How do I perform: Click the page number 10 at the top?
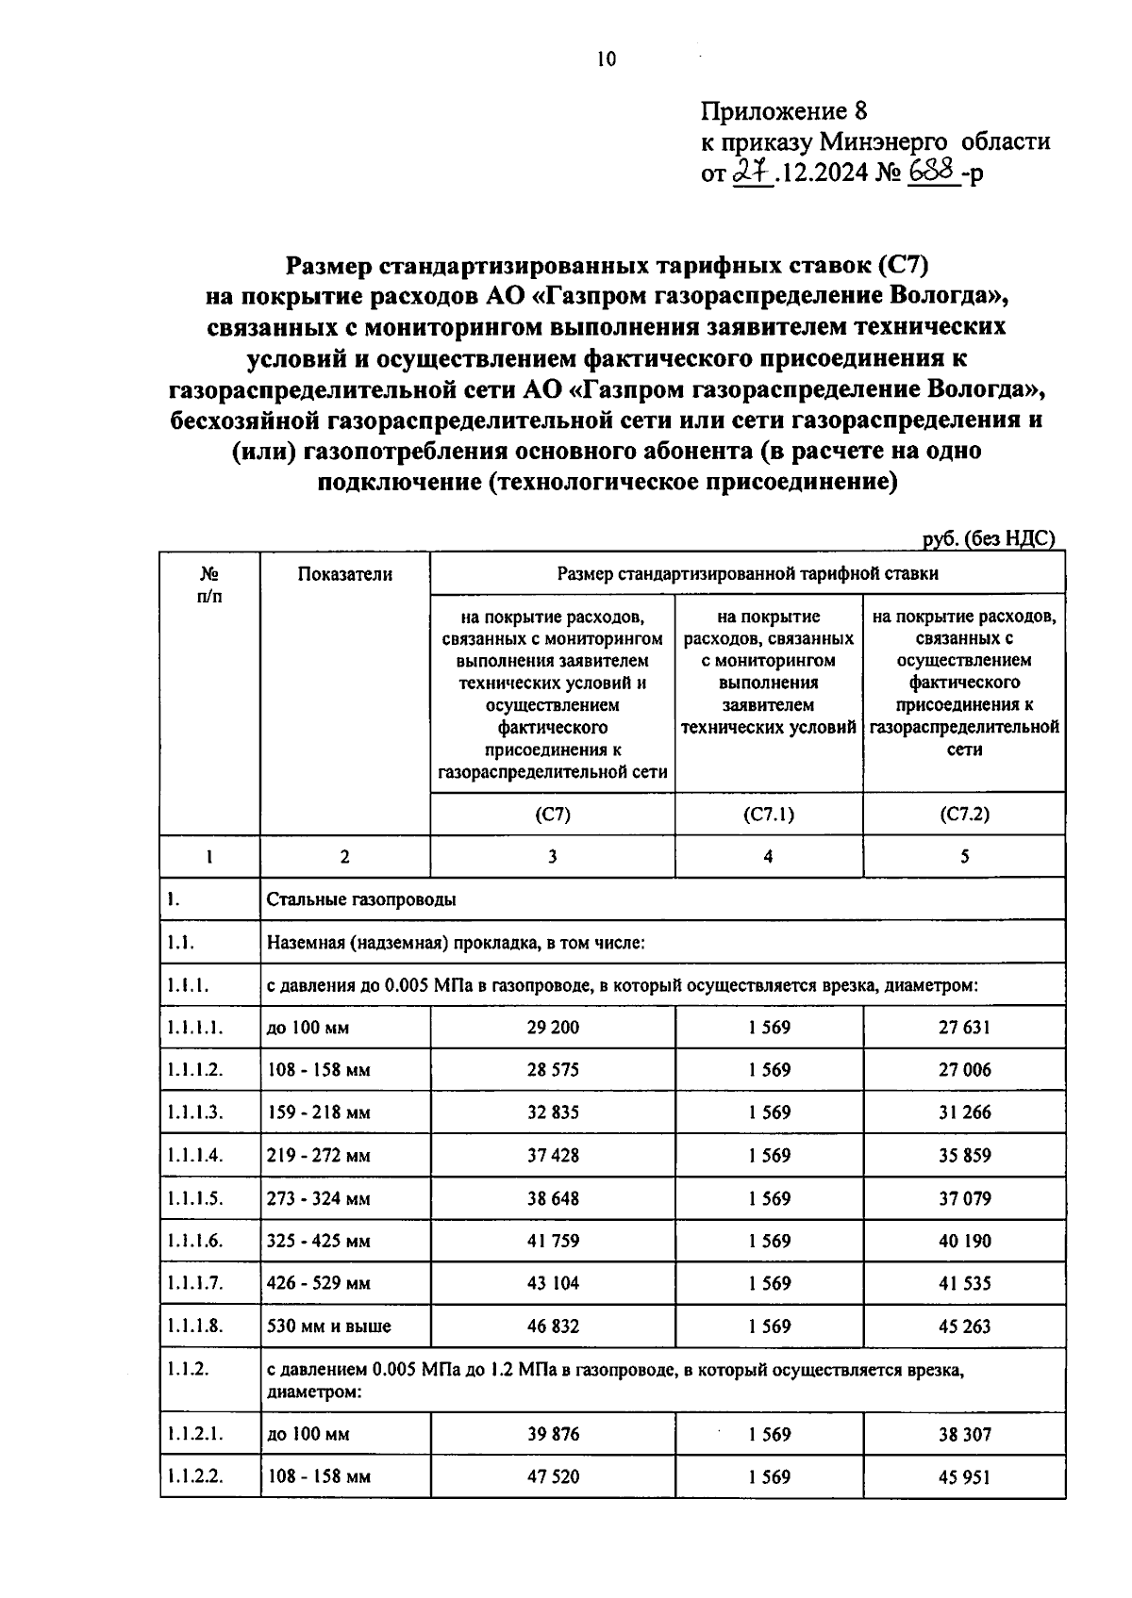click(606, 60)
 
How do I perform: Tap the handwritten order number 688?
click(934, 172)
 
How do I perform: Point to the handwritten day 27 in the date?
click(752, 173)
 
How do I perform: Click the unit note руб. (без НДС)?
click(988, 538)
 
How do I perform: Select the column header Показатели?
click(344, 574)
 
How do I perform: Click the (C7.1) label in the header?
click(768, 815)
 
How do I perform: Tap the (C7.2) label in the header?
click(964, 815)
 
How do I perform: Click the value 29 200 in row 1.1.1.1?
click(553, 1027)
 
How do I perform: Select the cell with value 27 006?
click(964, 1070)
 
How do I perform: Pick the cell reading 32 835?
click(553, 1112)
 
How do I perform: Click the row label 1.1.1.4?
click(195, 1156)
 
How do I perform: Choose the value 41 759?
click(553, 1242)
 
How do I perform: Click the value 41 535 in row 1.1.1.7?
click(964, 1284)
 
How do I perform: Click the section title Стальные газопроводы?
click(361, 899)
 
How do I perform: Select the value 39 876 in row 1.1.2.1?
click(553, 1435)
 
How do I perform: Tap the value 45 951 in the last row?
click(964, 1477)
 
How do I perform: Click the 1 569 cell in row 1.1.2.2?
click(769, 1477)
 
